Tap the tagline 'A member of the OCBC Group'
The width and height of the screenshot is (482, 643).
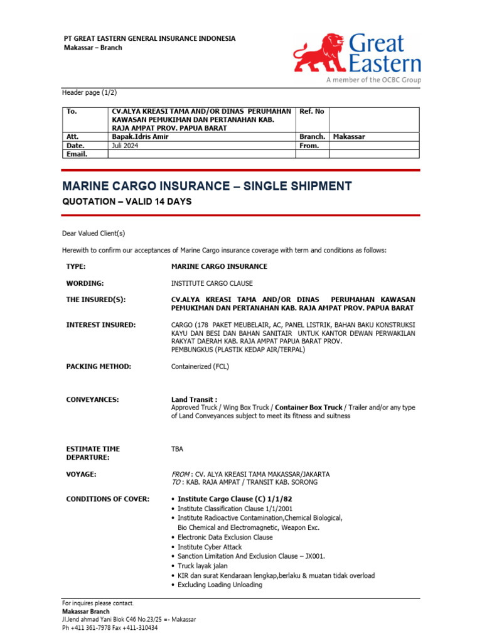[373, 80]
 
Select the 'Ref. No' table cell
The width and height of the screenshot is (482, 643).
[312, 111]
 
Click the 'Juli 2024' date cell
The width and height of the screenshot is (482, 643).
[125, 145]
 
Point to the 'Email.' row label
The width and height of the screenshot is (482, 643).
[77, 154]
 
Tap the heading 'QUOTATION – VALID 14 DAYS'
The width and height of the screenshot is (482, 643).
[126, 202]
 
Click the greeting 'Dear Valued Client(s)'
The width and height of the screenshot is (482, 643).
[94, 234]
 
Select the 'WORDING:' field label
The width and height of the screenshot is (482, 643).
[85, 283]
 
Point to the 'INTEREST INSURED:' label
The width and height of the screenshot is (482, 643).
[100, 325]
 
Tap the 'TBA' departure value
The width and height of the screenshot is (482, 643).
[178, 449]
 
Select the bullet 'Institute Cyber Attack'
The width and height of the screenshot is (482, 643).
[209, 547]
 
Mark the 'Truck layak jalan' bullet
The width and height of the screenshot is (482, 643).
[202, 566]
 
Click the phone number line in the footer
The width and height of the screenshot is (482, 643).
[110, 627]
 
